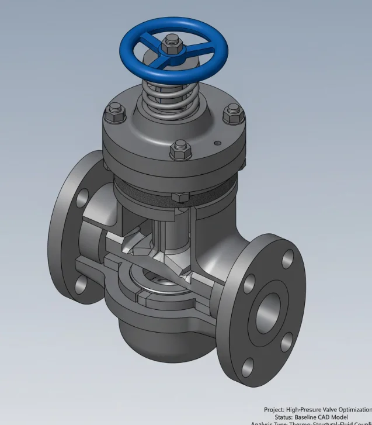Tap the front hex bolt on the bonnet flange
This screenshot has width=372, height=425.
click(x=180, y=150)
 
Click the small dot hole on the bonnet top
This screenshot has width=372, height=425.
click(x=217, y=141)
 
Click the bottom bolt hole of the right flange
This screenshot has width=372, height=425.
click(x=248, y=367)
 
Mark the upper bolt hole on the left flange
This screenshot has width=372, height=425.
click(x=82, y=196)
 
